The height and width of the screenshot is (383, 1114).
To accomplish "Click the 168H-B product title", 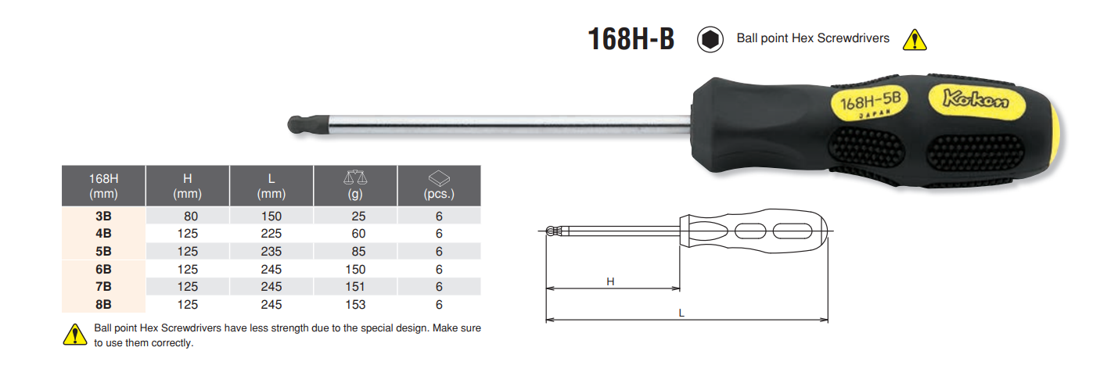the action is pos(631,39).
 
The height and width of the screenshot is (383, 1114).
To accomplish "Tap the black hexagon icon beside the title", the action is pos(710,39).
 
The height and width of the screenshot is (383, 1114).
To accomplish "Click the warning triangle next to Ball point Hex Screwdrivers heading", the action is pos(915,40).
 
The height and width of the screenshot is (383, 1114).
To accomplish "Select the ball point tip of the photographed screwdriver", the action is pos(297,124).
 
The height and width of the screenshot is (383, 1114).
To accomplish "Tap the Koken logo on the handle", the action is pos(976,99).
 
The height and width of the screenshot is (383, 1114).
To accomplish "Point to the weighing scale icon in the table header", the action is pos(355,177).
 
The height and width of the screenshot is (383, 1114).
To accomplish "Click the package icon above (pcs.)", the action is pos(439,178).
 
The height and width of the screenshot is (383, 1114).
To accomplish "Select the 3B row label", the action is pos(103,216).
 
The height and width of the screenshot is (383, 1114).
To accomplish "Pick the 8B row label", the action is pos(103,305).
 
